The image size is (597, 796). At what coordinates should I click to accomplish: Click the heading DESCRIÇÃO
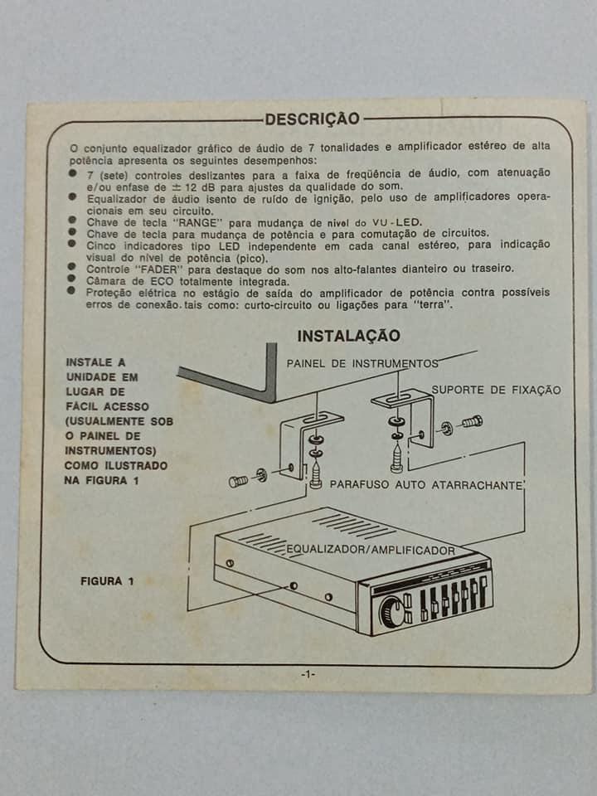[313, 119]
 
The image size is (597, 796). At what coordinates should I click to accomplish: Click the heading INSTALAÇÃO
[349, 336]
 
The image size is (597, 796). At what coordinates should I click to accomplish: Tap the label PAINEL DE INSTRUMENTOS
[362, 363]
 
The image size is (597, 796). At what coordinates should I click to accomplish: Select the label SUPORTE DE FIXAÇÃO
[496, 391]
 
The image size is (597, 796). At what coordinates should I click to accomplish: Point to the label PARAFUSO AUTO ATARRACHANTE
[426, 485]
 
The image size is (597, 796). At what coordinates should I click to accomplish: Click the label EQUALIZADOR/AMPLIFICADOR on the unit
[370, 550]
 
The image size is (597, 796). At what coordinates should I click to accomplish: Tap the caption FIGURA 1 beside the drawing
[107, 581]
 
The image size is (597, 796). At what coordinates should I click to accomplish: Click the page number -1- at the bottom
[308, 675]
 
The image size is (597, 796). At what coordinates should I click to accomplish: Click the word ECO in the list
[163, 281]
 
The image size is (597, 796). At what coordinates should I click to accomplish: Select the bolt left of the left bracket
[238, 481]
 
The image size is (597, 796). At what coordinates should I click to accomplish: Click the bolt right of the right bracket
[472, 421]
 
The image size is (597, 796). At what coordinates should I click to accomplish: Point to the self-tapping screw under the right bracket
[396, 459]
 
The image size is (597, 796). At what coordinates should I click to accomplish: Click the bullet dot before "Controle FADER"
[71, 267]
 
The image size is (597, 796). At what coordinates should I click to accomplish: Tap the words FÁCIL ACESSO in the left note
[107, 406]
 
